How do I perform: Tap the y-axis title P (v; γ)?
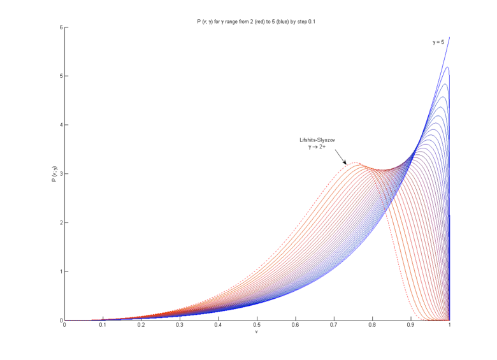(x=54, y=174)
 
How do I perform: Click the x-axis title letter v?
(x=257, y=332)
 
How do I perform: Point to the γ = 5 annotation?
(x=438, y=43)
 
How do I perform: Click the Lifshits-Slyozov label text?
(x=317, y=140)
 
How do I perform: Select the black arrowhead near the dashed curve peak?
(x=345, y=162)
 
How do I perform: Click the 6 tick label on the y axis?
(x=60, y=27)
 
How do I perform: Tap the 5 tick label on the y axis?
(x=60, y=76)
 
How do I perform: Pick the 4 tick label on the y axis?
(x=60, y=125)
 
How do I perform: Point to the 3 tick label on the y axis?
(x=60, y=174)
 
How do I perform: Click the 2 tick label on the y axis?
(x=60, y=223)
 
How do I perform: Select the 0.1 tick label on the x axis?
(x=103, y=326)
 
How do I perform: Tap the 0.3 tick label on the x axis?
(x=180, y=326)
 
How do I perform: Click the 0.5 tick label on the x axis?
(x=257, y=326)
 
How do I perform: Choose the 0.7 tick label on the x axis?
(x=334, y=326)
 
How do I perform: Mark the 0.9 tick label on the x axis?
(x=411, y=326)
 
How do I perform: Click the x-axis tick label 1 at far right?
(x=450, y=326)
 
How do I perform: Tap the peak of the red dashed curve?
(x=355, y=163)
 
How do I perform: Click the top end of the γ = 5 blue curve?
(x=450, y=38)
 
